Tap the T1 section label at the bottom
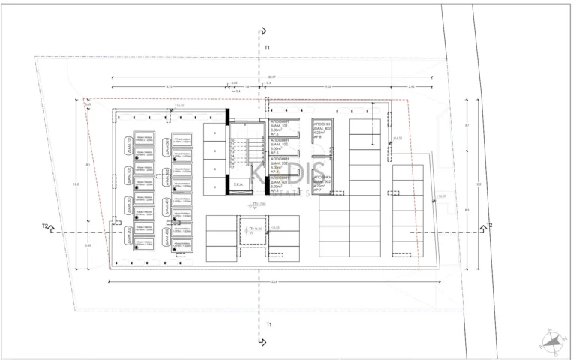[x=267, y=325]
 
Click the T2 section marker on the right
[x=489, y=226]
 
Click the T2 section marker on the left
[x=46, y=226]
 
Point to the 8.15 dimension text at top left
[x=169, y=87]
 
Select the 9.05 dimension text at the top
[x=328, y=87]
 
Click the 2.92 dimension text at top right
[x=411, y=87]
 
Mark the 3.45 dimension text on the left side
[x=88, y=245]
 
